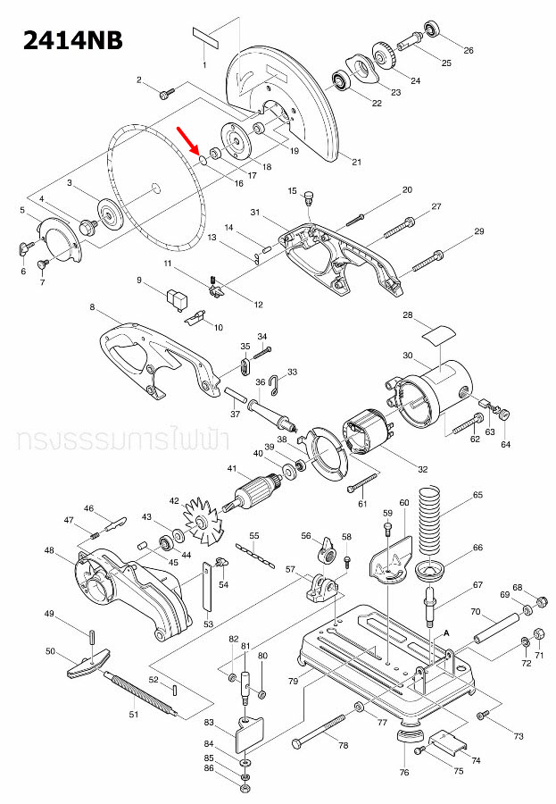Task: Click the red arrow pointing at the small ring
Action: click(x=187, y=141)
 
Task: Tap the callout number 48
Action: click(x=49, y=550)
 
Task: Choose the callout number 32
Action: click(x=423, y=469)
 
